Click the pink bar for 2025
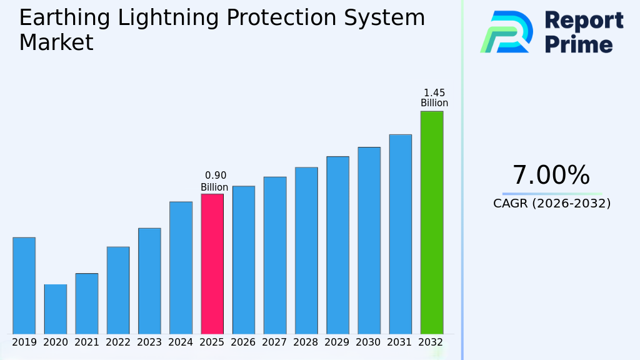[212, 264]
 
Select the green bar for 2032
[431, 222]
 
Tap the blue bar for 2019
[24, 286]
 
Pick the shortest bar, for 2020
[55, 309]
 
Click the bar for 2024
[181, 267]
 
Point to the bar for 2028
[306, 251]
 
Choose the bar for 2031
[400, 234]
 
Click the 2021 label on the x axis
[87, 342]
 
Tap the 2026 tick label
[243, 342]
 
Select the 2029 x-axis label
[337, 342]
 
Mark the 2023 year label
[149, 342]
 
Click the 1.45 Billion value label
[434, 98]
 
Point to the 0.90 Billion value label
[214, 181]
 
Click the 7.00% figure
[551, 176]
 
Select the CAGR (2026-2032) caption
[552, 203]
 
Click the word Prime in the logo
[579, 44]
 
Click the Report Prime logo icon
[506, 32]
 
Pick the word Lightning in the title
[167, 18]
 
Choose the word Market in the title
[56, 43]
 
